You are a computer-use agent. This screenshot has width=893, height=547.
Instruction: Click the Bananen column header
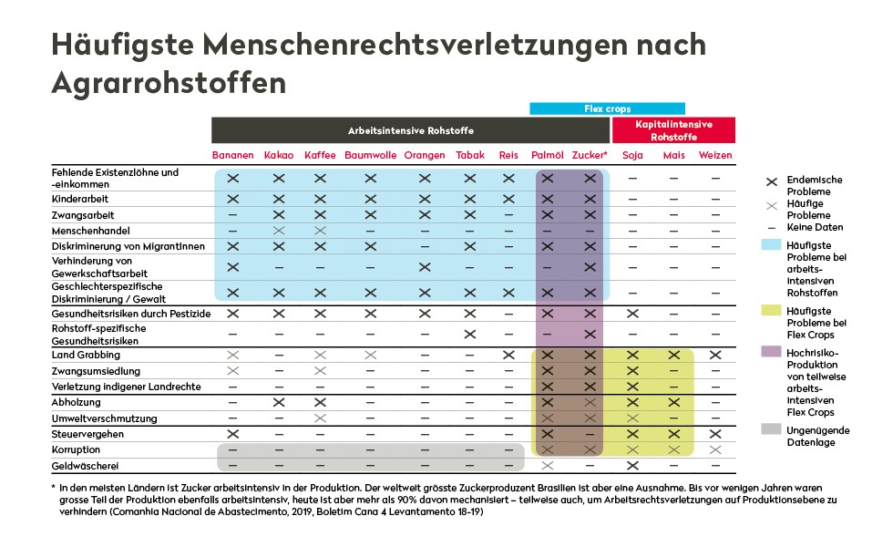(x=232, y=155)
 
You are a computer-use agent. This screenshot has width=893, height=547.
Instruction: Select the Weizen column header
(x=715, y=155)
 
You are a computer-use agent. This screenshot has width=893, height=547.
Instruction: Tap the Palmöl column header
(x=548, y=155)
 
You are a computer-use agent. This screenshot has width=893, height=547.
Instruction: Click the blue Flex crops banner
(x=607, y=108)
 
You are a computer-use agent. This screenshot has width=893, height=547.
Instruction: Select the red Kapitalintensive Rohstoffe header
(x=673, y=129)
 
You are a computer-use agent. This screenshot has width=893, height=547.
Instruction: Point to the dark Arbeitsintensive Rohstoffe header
(x=411, y=129)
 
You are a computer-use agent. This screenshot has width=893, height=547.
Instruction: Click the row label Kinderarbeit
(x=80, y=199)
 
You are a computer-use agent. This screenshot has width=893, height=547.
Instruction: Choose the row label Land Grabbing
(x=86, y=355)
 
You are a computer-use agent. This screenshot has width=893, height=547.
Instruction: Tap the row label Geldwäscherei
(x=85, y=466)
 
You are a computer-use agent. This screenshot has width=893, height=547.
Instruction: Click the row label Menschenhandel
(x=90, y=231)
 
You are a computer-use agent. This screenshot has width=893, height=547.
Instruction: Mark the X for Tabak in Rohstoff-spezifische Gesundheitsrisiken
(x=470, y=334)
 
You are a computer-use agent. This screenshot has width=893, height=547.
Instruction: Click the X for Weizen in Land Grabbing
(x=715, y=355)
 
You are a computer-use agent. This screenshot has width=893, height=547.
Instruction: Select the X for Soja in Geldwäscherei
(x=632, y=466)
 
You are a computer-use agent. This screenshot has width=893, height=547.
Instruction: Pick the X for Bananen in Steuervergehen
(x=232, y=434)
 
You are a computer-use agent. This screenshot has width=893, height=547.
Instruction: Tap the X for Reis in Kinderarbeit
(x=508, y=199)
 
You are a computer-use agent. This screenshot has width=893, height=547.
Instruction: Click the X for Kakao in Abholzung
(x=279, y=402)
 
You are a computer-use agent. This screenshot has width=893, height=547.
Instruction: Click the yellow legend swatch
(x=771, y=310)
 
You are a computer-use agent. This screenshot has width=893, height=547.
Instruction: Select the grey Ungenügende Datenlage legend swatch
(x=771, y=429)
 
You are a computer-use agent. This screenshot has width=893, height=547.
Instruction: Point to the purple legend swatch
(x=771, y=352)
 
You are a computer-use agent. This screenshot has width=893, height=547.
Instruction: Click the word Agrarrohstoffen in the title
(x=169, y=83)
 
